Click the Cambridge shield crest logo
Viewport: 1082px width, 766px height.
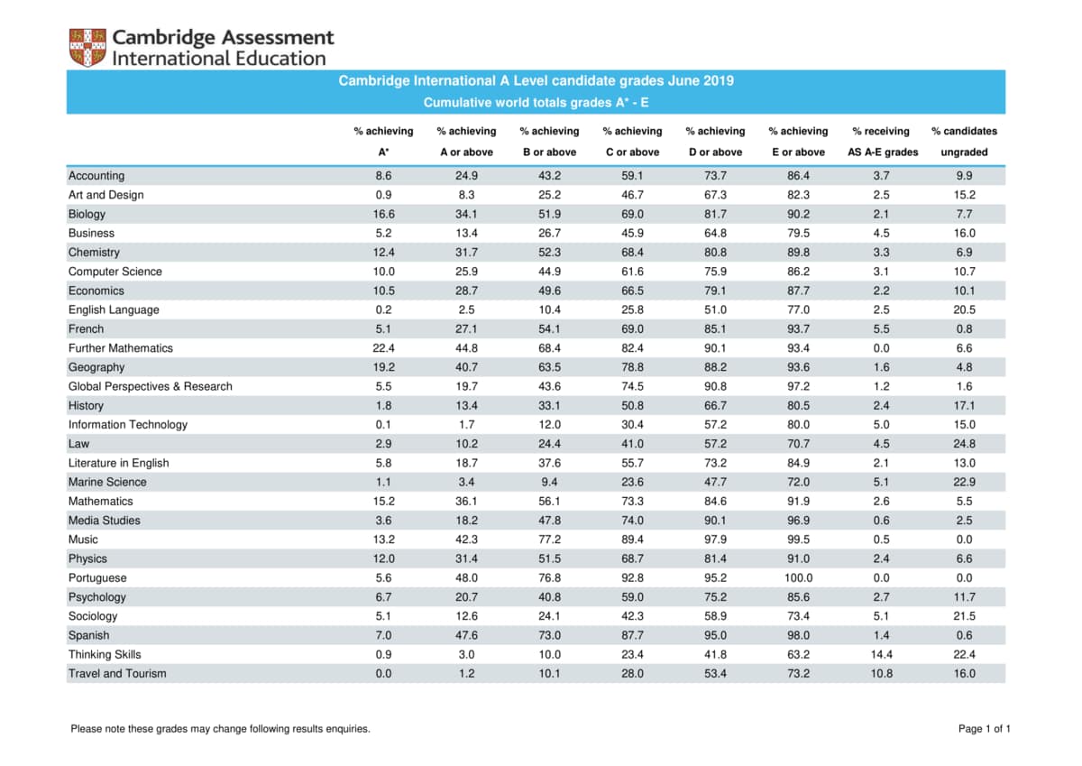coord(87,47)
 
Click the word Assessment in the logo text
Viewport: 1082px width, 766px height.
coord(278,37)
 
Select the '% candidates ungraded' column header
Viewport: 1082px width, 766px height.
coord(964,142)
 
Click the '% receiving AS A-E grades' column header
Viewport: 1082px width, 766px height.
coord(882,142)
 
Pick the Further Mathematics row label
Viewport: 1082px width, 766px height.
coord(120,348)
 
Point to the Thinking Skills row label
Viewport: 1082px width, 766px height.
coord(105,654)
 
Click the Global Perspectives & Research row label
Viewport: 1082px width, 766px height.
coord(151,386)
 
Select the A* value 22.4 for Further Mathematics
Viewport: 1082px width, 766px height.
coord(383,348)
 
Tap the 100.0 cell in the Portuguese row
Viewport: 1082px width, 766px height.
coord(798,577)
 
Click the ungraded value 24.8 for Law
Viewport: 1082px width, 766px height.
coord(964,444)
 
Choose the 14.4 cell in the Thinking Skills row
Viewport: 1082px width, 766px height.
coord(881,654)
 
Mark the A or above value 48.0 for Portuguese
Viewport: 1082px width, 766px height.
coord(466,577)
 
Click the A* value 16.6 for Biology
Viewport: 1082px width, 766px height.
coord(383,214)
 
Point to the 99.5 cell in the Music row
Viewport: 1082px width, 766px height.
coord(798,540)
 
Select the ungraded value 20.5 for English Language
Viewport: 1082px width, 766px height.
coord(964,309)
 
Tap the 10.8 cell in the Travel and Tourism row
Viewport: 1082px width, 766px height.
coord(881,673)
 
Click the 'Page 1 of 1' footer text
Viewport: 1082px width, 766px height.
coord(985,728)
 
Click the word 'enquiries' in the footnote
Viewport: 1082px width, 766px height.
coord(346,729)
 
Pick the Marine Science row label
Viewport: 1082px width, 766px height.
coord(107,482)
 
